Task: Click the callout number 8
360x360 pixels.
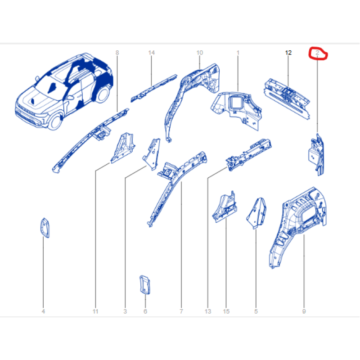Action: tap(117, 53)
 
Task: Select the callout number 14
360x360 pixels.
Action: tap(151, 53)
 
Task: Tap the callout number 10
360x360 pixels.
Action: tap(199, 53)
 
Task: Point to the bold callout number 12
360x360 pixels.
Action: tap(288, 53)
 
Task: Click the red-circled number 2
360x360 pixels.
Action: tap(317, 53)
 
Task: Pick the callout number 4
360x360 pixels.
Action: tap(43, 311)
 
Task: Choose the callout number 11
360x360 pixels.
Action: tap(95, 311)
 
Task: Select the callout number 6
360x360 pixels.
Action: tap(145, 311)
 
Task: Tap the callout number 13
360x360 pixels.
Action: tap(207, 311)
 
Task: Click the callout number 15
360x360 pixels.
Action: tap(226, 311)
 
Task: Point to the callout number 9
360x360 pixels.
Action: tap(304, 311)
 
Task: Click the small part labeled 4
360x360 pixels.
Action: tap(45, 228)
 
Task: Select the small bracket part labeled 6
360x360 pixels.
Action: tap(145, 285)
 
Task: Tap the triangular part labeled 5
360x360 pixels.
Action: tap(257, 213)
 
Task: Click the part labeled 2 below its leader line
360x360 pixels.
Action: tap(316, 154)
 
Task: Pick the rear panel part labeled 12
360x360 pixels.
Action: tap(287, 99)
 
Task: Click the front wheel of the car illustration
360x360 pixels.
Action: tap(55, 121)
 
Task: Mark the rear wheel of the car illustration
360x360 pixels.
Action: tap(102, 94)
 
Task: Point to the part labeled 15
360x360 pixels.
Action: tap(225, 207)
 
